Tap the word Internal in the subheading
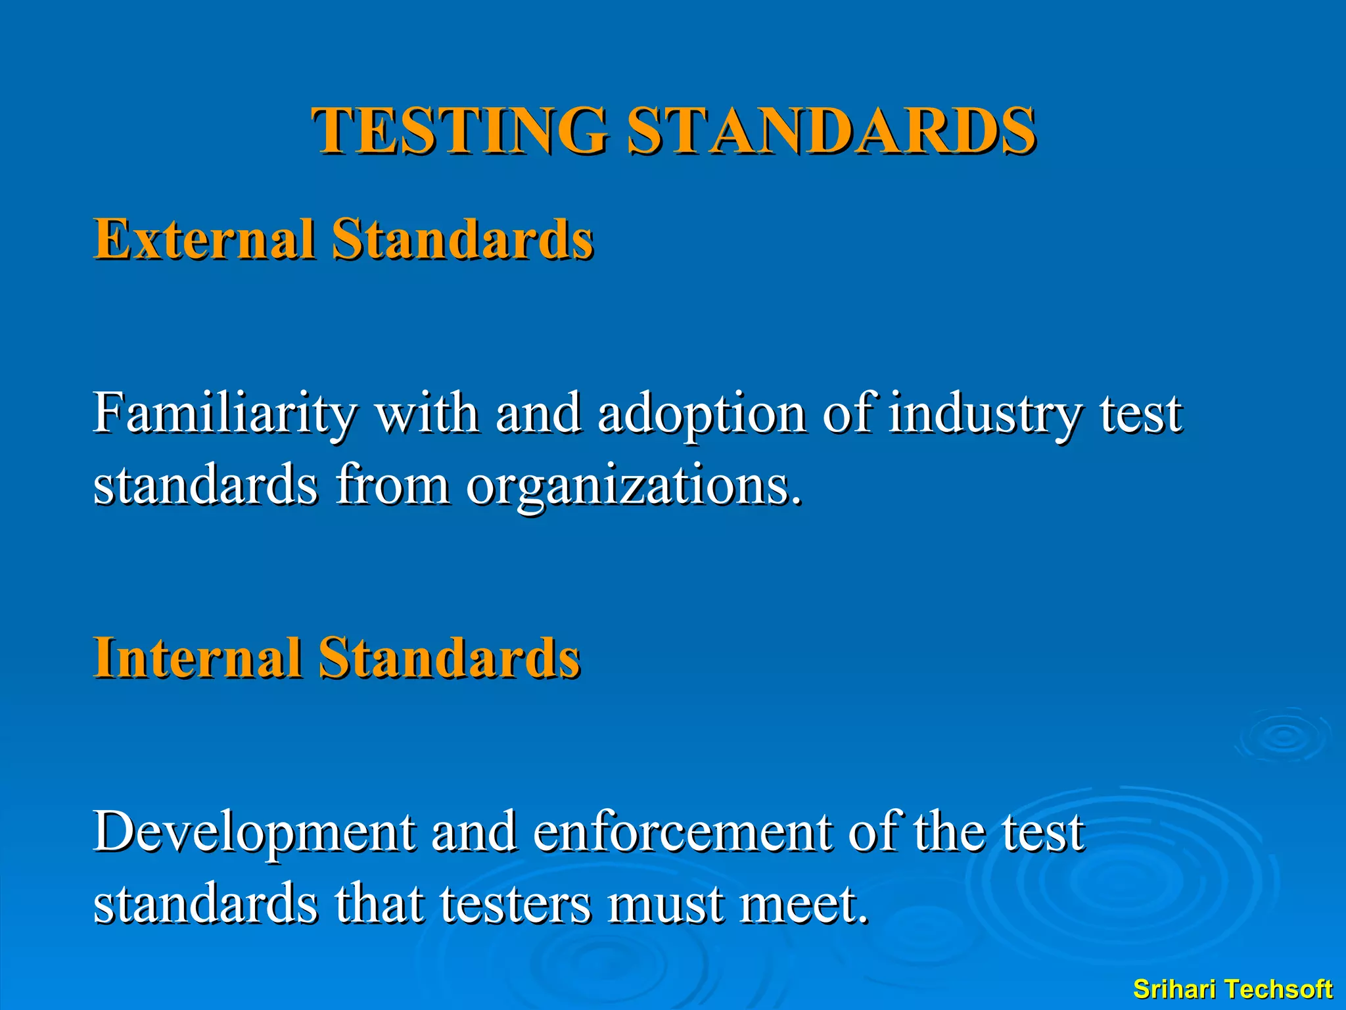198,657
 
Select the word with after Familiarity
427,414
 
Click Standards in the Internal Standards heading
450,657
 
